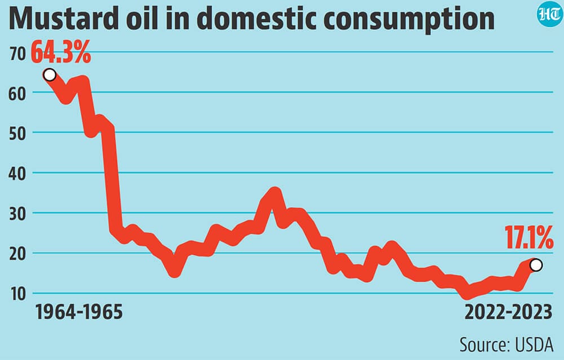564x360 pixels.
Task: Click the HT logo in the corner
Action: (550, 15)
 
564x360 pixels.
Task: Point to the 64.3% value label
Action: (61, 52)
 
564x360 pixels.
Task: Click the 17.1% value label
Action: (529, 238)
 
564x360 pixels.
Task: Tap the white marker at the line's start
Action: (50, 75)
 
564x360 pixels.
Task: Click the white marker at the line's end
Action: (536, 265)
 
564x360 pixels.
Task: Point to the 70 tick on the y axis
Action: (17, 54)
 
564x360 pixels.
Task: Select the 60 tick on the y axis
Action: (17, 94)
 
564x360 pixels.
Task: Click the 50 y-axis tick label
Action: (17, 134)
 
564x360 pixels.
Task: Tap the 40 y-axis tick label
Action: (17, 174)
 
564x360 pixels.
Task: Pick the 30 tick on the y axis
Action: (17, 214)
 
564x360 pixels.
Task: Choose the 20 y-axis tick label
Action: (17, 255)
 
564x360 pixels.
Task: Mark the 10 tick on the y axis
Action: (18, 295)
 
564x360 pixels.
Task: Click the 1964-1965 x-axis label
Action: (79, 312)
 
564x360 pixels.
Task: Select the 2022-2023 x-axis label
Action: (508, 312)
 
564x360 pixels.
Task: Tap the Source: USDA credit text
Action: (506, 345)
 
